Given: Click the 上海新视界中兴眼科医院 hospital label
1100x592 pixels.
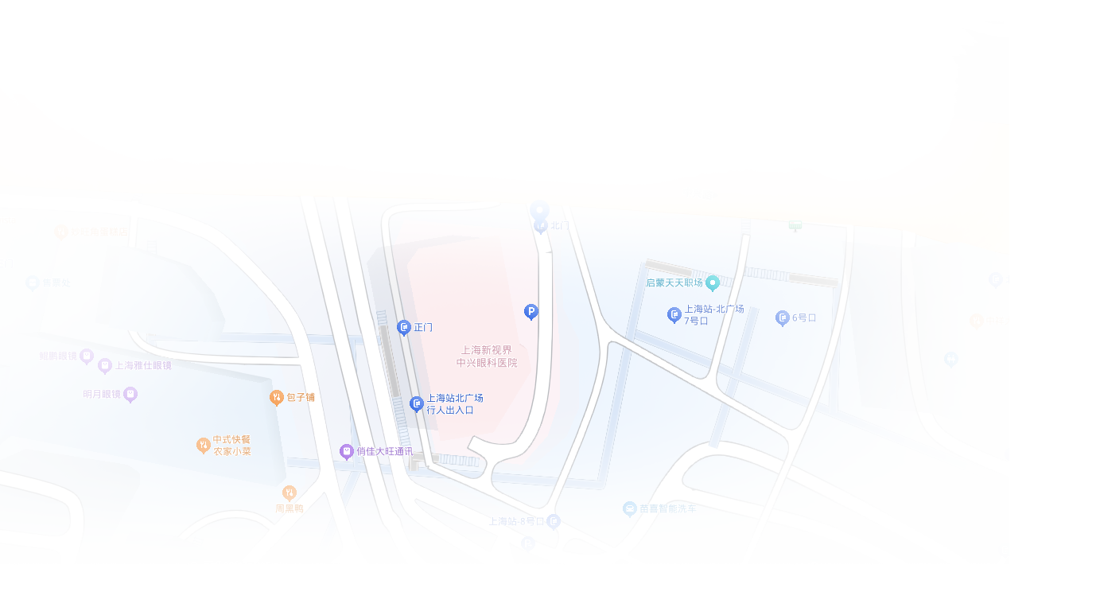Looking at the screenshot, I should [x=487, y=356].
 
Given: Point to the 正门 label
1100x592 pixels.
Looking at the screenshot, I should [x=422, y=327].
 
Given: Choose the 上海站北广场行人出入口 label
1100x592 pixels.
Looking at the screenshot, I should [x=454, y=404].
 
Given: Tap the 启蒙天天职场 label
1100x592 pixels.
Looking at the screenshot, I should [x=674, y=282].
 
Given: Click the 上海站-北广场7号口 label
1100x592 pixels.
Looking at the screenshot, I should [x=713, y=314].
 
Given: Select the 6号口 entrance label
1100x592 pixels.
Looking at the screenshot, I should [x=803, y=317].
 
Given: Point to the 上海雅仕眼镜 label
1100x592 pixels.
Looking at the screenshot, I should [x=142, y=365].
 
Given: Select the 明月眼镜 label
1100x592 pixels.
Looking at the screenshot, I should [x=102, y=394].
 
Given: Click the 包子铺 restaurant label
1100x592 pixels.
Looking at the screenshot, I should [x=300, y=397].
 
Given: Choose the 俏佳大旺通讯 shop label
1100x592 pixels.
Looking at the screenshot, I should [x=383, y=451].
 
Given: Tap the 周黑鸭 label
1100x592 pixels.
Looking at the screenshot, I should [x=290, y=508].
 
